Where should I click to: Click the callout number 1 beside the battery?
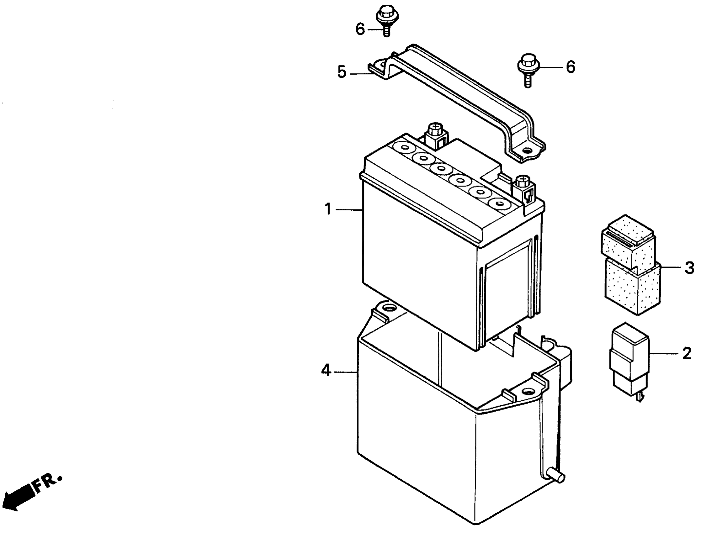point(328,210)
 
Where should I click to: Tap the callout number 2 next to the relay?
point(687,353)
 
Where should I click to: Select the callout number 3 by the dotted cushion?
point(689,268)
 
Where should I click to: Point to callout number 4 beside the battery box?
point(326,370)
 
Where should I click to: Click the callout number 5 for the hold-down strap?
point(342,72)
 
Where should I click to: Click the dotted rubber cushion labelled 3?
point(631,270)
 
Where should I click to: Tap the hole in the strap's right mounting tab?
point(527,150)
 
